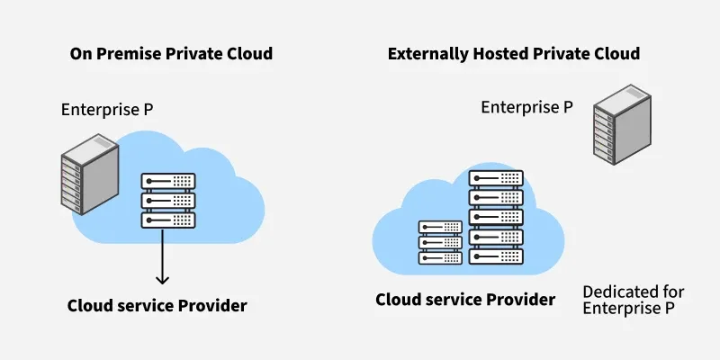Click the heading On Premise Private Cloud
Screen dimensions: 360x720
pos(171,54)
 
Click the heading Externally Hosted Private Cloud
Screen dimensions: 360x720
pos(513,54)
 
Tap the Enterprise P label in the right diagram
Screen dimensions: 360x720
pos(526,107)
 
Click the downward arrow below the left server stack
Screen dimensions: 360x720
pos(162,256)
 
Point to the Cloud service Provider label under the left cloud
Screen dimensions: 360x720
pos(157,306)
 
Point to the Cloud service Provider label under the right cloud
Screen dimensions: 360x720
pos(464,299)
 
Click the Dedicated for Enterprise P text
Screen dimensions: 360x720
pos(633,301)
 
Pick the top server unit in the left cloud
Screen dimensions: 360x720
pos(168,181)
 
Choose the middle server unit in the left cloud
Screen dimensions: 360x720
pos(168,200)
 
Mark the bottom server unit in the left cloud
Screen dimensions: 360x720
pos(168,219)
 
